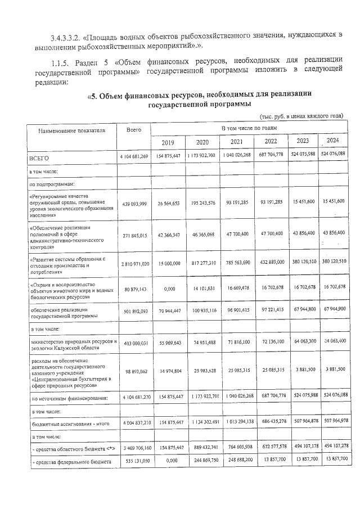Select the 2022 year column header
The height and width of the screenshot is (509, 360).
(271, 142)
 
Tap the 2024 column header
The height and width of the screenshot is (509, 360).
(332, 141)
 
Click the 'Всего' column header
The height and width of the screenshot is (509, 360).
(134, 130)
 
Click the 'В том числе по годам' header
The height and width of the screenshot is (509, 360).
(249, 129)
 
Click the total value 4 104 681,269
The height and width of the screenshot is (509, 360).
(134, 156)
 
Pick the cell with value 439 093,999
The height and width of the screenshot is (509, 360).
(134, 202)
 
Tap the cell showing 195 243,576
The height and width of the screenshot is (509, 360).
(201, 202)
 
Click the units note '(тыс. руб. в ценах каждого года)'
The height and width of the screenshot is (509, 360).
(301, 116)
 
